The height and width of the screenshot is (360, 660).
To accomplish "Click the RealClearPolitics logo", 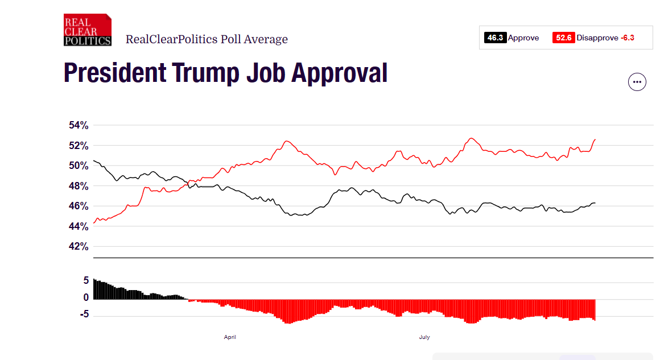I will tap(87, 30).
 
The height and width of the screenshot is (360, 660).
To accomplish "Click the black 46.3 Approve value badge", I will tap(495, 38).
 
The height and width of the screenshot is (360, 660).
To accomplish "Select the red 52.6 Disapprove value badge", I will tap(563, 38).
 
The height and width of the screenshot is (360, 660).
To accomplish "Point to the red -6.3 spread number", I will tap(627, 38).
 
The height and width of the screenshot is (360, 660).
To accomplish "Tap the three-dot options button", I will tap(637, 82).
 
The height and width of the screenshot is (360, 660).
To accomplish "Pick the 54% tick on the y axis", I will tap(77, 125).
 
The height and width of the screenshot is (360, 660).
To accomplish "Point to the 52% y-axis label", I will tap(77, 146).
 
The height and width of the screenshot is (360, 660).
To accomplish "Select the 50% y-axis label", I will tap(77, 165).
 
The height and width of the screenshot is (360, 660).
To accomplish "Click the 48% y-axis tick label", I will tap(77, 186).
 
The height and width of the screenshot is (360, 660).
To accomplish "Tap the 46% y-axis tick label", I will tap(77, 206).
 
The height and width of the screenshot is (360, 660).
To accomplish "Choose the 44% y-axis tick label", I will tap(77, 226).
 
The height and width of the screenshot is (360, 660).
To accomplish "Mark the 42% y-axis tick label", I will tap(77, 247).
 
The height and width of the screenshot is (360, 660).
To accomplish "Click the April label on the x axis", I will tap(230, 337).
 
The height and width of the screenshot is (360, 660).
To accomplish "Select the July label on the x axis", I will tap(424, 337).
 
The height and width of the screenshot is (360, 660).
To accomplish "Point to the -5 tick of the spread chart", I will tap(83, 315).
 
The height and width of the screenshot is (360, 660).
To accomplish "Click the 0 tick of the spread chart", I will tap(86, 297).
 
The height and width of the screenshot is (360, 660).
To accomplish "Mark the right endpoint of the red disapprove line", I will tap(595, 139).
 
